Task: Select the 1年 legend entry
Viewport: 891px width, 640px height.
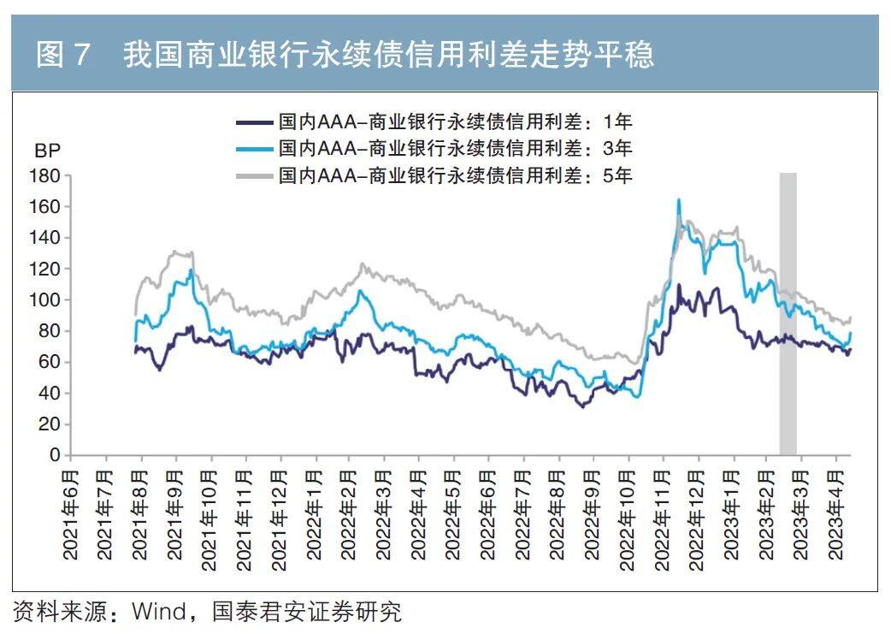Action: [454, 121]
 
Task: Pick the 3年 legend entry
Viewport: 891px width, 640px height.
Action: [454, 149]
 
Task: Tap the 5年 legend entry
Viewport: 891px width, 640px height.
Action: [454, 176]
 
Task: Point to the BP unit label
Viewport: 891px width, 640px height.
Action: [47, 151]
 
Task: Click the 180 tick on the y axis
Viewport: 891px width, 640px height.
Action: [45, 176]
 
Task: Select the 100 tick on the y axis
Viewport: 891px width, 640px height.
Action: [45, 300]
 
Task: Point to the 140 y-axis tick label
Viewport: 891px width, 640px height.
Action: [45, 238]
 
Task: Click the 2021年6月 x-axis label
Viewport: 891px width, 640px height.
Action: [71, 512]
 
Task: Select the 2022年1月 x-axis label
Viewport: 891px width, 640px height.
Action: [315, 512]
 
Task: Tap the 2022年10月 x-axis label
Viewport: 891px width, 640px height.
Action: [628, 512]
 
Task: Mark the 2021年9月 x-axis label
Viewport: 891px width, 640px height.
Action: [175, 512]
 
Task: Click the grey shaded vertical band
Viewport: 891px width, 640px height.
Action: [788, 312]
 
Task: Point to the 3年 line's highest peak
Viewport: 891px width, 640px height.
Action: [679, 200]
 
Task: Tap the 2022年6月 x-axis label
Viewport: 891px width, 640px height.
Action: [489, 512]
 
